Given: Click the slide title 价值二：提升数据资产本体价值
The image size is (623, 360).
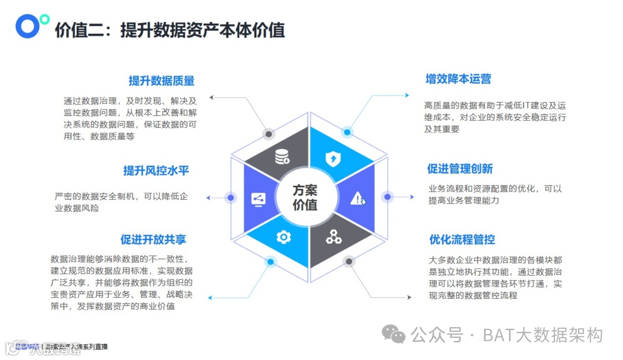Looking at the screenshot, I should (x=170, y=29).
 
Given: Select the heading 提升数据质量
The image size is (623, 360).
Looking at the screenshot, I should (x=162, y=81).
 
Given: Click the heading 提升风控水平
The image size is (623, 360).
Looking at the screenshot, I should (x=156, y=171).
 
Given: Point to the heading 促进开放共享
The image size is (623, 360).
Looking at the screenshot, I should (x=153, y=239).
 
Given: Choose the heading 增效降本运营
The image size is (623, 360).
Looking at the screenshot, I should (x=459, y=79).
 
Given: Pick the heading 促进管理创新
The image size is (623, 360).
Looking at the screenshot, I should (x=460, y=169).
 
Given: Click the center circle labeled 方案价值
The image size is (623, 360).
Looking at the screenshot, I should (x=305, y=197).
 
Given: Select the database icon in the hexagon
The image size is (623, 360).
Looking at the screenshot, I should (x=282, y=156).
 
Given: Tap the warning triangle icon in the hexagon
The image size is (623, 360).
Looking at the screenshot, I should (x=359, y=198).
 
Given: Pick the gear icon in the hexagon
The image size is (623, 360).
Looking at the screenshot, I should (x=283, y=237).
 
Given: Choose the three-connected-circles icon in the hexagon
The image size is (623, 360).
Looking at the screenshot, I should (x=334, y=236).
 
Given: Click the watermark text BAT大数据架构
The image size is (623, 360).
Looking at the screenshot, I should (x=542, y=335).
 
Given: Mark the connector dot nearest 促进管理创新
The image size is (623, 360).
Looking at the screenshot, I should (x=388, y=197).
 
